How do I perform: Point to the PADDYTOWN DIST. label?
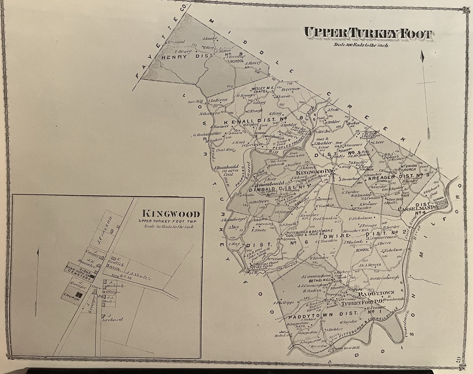[x=323, y=314]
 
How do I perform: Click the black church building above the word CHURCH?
[x=79, y=294]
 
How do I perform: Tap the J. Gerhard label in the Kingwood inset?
[x=115, y=318]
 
